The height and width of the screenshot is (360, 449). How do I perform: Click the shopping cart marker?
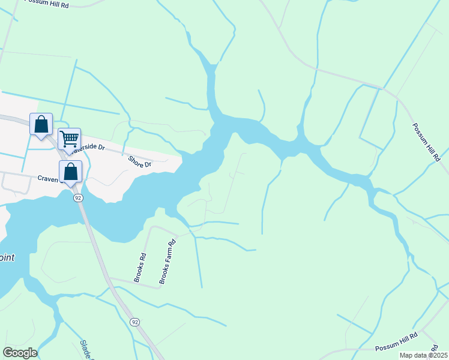point(70,139)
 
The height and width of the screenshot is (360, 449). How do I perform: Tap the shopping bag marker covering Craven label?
point(70,171)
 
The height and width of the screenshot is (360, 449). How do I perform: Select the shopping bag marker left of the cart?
point(41,125)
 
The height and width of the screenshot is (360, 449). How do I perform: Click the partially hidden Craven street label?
point(46,178)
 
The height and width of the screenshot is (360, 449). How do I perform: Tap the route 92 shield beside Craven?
point(78,197)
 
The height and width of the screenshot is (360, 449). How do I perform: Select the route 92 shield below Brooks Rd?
point(135,322)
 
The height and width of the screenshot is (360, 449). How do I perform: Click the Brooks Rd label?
point(140,268)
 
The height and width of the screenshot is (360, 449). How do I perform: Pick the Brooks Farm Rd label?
point(167,262)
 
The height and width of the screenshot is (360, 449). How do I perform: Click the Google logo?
point(20,353)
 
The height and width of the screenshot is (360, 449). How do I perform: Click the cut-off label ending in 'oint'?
point(7,257)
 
